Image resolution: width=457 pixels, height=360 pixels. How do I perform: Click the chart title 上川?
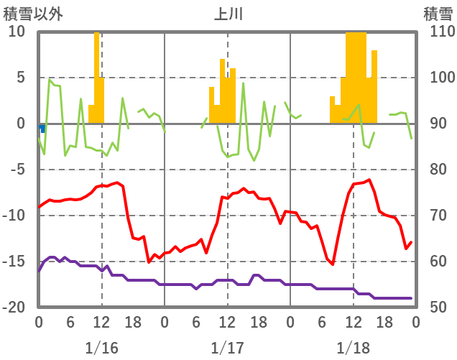pos(228,13)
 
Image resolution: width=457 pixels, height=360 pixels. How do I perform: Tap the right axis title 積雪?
pos(437,13)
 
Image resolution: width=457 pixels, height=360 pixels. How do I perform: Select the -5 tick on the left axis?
pos(17,170)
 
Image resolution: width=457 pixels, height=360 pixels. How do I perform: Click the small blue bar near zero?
pos(43,128)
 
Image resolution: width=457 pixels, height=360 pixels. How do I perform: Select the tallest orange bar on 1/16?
pos(96,78)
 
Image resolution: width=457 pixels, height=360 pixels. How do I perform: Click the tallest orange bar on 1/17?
pos(223,91)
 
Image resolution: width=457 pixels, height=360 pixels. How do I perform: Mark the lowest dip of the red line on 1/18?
pos(332,264)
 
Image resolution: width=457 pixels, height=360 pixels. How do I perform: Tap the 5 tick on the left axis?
pos(19,78)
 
